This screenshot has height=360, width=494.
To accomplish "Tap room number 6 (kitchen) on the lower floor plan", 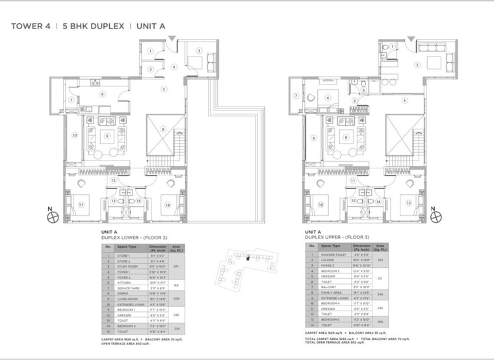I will point(101,94).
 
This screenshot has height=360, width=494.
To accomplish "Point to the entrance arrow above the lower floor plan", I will point(170,41).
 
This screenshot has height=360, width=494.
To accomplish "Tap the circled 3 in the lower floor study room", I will point(199,50).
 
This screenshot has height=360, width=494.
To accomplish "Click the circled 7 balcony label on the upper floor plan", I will point(296,96).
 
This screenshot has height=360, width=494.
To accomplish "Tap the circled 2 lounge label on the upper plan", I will point(416,64).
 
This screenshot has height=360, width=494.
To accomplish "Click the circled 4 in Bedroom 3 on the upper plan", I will point(328,99).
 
